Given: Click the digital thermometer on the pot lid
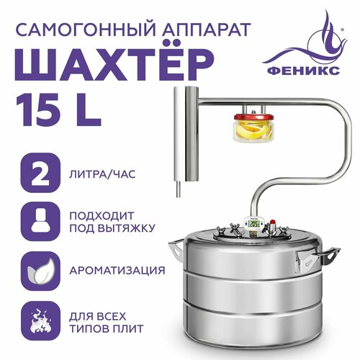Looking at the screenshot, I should [x=254, y=225].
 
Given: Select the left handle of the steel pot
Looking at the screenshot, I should [x=176, y=252].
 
